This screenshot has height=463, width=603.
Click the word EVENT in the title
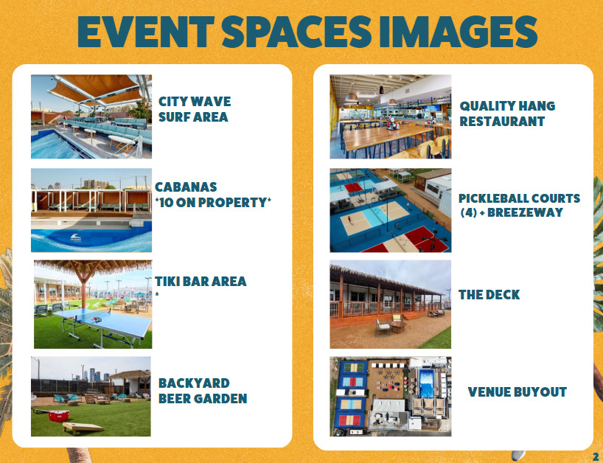146,32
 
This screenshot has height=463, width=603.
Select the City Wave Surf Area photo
91,116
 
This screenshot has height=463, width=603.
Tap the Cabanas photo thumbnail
91,210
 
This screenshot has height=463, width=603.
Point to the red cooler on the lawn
59,416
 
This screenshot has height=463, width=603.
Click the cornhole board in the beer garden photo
83,428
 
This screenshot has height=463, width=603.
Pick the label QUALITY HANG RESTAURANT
507,114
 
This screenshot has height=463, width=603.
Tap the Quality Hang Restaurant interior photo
391,116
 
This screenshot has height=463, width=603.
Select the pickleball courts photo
391,210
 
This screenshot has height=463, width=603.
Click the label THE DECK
489,295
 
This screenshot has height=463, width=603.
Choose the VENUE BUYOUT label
517,392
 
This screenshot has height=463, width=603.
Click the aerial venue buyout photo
391,397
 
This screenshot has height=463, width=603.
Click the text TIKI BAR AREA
201,281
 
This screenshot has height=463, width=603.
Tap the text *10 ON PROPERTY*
213,202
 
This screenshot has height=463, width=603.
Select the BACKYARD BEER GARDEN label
203,391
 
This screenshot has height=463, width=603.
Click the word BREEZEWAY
525,212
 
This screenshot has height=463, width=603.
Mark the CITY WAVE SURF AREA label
195,109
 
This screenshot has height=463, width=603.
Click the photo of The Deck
391,304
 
